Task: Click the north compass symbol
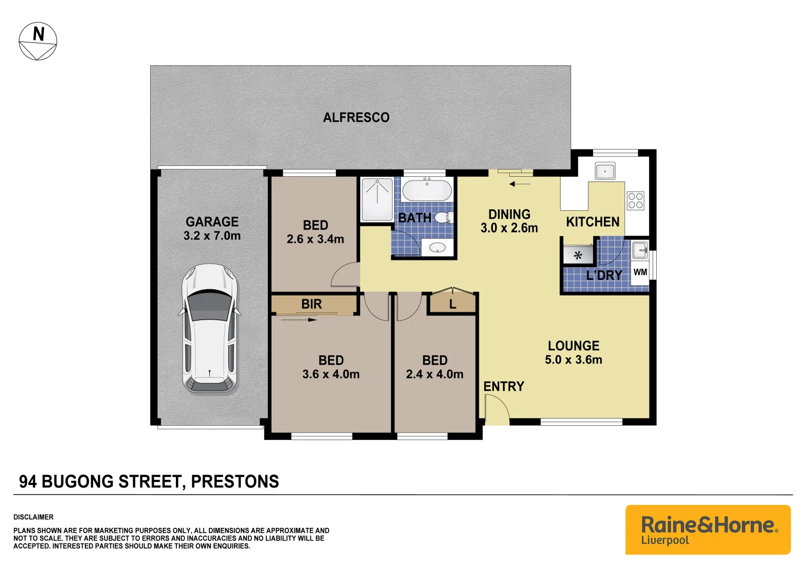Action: [x=38, y=41]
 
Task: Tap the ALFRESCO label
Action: [x=356, y=118]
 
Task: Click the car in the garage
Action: [x=209, y=329]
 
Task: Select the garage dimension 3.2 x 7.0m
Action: [x=212, y=236]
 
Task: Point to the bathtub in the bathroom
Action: [x=427, y=190]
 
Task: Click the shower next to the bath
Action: [x=377, y=199]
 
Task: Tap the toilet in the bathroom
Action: [x=443, y=217]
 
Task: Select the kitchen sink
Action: [x=604, y=171]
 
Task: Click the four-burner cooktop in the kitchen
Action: [x=635, y=201]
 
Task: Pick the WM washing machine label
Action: [x=640, y=273]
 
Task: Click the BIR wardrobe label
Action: [x=311, y=304]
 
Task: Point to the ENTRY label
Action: [x=503, y=387]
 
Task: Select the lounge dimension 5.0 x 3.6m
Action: [x=574, y=360]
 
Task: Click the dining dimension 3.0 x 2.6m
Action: [x=509, y=228]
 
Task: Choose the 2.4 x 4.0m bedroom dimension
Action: [x=434, y=375]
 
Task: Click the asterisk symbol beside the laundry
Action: [x=578, y=256]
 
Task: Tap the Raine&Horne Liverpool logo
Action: [x=708, y=529]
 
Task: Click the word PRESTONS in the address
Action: [x=235, y=482]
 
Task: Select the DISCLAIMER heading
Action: [x=33, y=517]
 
